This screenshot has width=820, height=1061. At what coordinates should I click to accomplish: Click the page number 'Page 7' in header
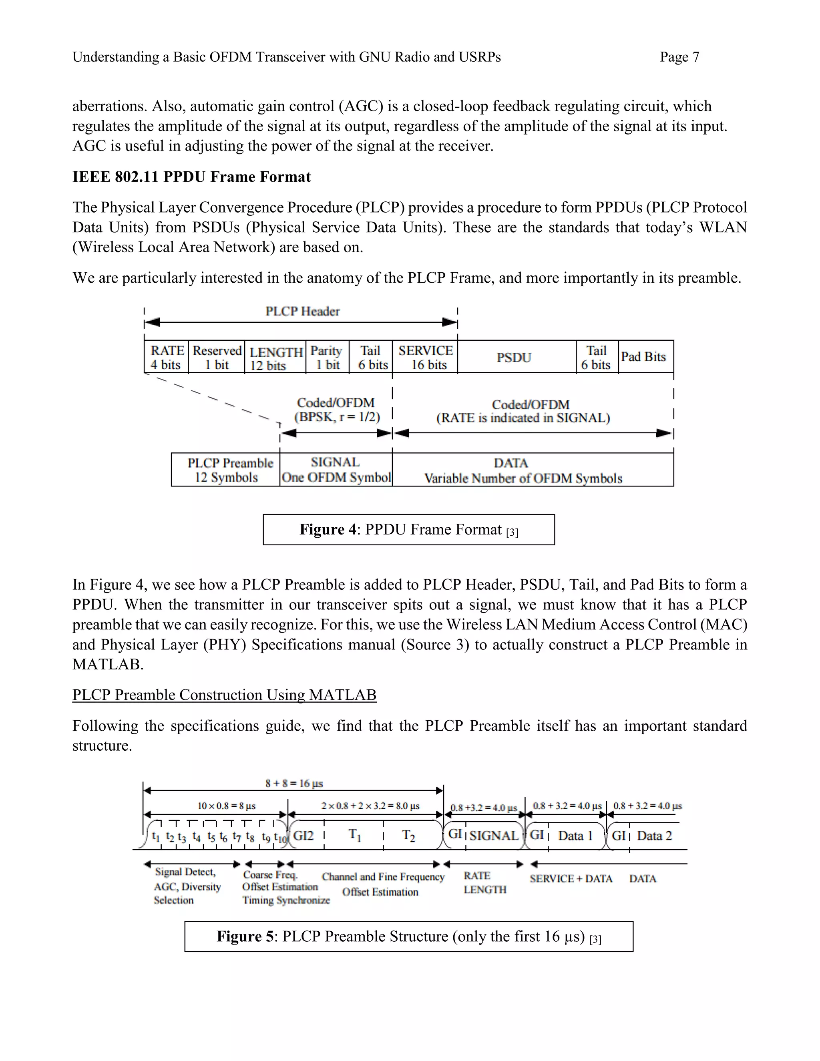(x=679, y=57)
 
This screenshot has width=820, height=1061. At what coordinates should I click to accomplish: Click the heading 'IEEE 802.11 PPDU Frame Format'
(x=191, y=177)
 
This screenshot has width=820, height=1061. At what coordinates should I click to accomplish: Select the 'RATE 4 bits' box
(x=166, y=357)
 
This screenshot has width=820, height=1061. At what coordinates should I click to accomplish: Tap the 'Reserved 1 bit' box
(x=217, y=357)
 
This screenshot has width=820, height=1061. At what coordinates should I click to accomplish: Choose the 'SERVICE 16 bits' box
(x=425, y=357)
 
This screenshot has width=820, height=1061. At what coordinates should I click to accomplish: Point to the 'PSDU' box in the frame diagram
(x=514, y=357)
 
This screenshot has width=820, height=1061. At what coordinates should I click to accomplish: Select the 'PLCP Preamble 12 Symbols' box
(x=226, y=470)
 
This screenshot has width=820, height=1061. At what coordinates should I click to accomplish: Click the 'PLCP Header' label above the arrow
(x=302, y=311)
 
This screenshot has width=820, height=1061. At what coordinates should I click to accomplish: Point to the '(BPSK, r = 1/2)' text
(x=337, y=417)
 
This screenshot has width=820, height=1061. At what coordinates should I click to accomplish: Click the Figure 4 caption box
(x=408, y=530)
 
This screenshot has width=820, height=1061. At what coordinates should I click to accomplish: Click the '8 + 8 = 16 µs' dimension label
(x=293, y=783)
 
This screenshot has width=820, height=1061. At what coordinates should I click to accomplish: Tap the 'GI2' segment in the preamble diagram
(x=304, y=836)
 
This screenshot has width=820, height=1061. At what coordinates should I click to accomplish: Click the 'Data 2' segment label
(x=654, y=836)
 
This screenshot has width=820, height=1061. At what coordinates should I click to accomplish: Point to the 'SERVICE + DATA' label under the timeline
(x=571, y=879)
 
